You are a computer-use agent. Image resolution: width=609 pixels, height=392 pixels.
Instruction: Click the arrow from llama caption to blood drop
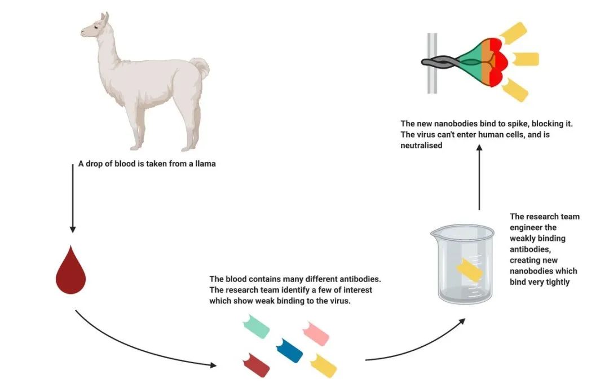[72, 197]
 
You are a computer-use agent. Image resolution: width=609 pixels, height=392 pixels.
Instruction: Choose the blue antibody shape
[289, 350]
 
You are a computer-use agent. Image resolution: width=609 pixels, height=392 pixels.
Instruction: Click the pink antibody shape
[316, 333]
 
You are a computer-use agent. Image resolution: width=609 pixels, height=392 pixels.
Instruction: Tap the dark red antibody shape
[255, 364]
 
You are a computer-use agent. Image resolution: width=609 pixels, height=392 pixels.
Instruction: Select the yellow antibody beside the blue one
[323, 365]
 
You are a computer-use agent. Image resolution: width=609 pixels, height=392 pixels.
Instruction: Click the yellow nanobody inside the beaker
[469, 271]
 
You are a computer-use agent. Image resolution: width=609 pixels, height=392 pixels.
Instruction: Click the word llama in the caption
[205, 165]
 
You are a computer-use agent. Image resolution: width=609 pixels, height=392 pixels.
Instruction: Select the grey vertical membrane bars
[433, 63]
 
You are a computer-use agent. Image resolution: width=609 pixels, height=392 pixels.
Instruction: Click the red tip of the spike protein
[499, 62]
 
